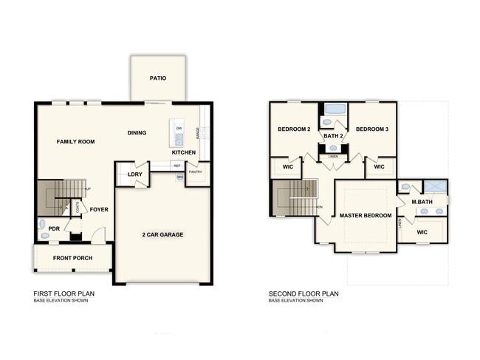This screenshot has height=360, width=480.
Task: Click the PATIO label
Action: [x=157, y=77]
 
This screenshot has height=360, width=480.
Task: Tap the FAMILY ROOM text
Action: [x=77, y=140]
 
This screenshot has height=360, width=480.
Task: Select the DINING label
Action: [x=137, y=133]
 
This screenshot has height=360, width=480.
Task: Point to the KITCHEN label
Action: [x=184, y=152]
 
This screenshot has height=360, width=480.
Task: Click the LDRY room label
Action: [x=134, y=174]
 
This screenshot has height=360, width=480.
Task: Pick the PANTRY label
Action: [x=196, y=172]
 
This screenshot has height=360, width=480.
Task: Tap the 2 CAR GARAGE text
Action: [x=162, y=234]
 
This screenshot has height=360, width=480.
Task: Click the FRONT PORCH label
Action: [x=72, y=258]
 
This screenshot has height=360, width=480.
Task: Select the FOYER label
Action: [x=99, y=209]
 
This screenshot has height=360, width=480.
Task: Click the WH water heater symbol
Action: [x=179, y=177]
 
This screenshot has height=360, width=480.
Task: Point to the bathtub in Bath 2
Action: [x=335, y=109]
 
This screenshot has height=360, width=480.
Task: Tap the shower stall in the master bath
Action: [x=435, y=186]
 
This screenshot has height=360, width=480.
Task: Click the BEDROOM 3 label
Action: [x=372, y=129]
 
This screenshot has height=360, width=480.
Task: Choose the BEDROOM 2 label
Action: [x=294, y=129]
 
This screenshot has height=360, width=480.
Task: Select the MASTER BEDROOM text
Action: [x=365, y=215]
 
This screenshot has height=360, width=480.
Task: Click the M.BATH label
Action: [x=422, y=202]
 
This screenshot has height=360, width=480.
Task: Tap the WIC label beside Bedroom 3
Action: [x=379, y=167]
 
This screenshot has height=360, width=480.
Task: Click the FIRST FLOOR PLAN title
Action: [x=64, y=293]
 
